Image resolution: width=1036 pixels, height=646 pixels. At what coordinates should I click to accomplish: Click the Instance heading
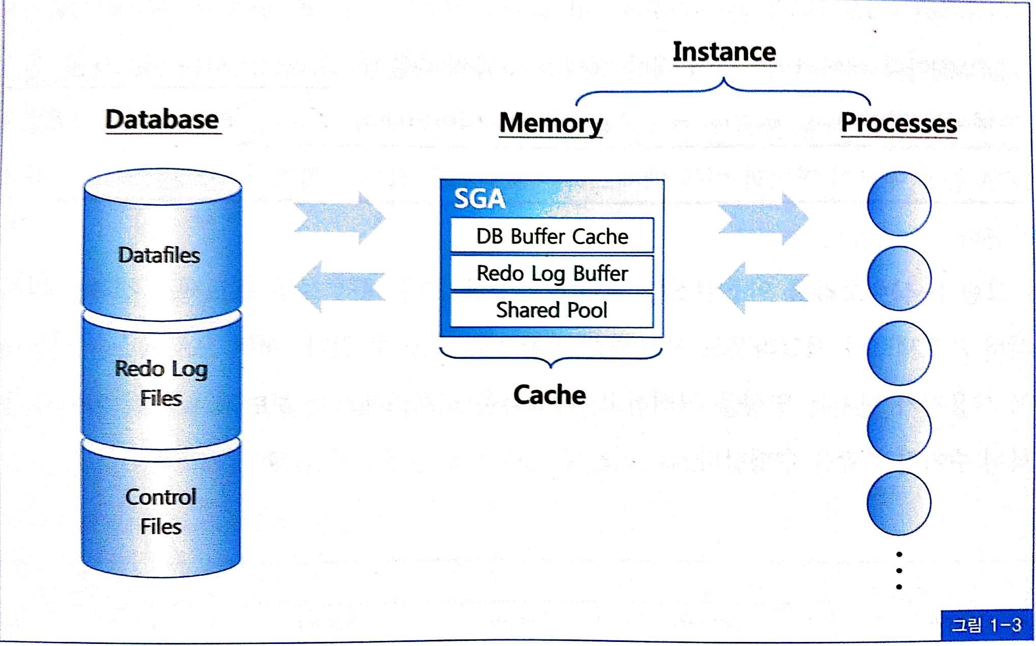pos(724,52)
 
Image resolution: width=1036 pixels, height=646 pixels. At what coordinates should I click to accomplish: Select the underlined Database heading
pos(162,120)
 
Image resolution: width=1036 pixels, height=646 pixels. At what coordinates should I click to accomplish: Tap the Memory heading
pos(551,123)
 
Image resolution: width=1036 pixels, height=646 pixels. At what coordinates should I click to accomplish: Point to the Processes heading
pos(899,123)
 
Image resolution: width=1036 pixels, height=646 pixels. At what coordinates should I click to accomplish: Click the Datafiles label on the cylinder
pos(159,255)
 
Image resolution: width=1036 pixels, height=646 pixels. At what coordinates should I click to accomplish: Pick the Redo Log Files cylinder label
pos(161,383)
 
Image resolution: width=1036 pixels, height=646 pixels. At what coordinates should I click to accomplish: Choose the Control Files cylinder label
pos(161,512)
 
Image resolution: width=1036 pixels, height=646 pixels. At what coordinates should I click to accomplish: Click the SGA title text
pos(479,199)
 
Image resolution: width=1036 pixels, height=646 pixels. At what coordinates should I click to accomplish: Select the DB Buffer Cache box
pos(552,236)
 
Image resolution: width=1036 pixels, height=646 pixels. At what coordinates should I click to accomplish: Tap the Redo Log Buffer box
pos(552,274)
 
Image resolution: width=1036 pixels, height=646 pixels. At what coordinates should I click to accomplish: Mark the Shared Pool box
pos(552,310)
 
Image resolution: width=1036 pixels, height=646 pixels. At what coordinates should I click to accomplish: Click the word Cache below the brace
pos(550,395)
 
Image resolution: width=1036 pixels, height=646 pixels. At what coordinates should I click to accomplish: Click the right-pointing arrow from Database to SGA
pos(340,218)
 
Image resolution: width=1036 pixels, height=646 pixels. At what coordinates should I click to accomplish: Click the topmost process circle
pos(899,204)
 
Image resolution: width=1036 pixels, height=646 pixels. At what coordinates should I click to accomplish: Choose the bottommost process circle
pos(899,503)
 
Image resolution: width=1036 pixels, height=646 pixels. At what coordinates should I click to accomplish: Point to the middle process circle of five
pos(899,353)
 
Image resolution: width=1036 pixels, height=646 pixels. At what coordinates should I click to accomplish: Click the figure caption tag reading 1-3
pos(987,625)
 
